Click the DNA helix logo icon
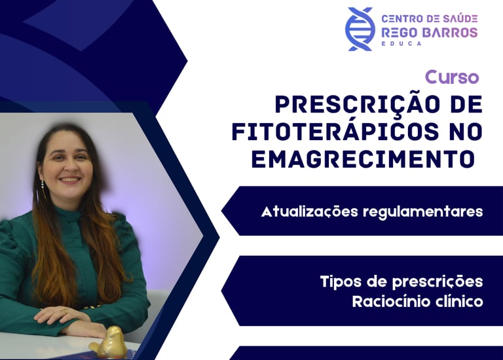point(360,29)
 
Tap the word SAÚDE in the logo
point(460,18)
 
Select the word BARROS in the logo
point(449,32)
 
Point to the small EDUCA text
point(401,44)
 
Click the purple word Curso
point(452,77)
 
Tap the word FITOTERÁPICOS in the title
point(335,132)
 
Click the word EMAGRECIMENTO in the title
point(363,158)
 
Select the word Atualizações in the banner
point(309,212)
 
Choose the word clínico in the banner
point(460,301)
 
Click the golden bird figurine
point(109,342)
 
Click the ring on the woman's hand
point(65,310)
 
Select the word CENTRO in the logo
point(399,18)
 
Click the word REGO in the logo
point(399,32)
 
